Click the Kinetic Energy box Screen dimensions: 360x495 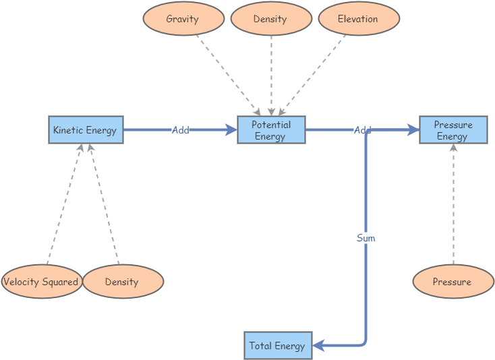point(86,130)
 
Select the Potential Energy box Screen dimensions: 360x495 point(271,130)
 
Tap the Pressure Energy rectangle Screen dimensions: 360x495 point(453,130)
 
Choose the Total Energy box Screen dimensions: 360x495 point(277,346)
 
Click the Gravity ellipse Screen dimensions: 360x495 point(183,19)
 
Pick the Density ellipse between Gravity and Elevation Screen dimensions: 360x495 point(270,19)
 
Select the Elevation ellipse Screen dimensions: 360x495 point(358,19)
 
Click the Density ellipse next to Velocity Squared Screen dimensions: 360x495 point(122,282)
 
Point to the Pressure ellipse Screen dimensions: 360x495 point(453,282)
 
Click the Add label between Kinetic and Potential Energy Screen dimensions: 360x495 point(180,130)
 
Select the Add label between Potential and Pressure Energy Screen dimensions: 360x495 point(363,130)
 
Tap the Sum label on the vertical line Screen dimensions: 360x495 point(366,238)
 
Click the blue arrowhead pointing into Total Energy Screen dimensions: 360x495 point(318,346)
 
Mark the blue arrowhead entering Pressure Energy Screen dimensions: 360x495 point(413,130)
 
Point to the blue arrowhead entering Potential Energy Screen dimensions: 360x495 point(231,130)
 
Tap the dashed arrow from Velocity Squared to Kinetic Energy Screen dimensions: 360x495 point(63,206)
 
